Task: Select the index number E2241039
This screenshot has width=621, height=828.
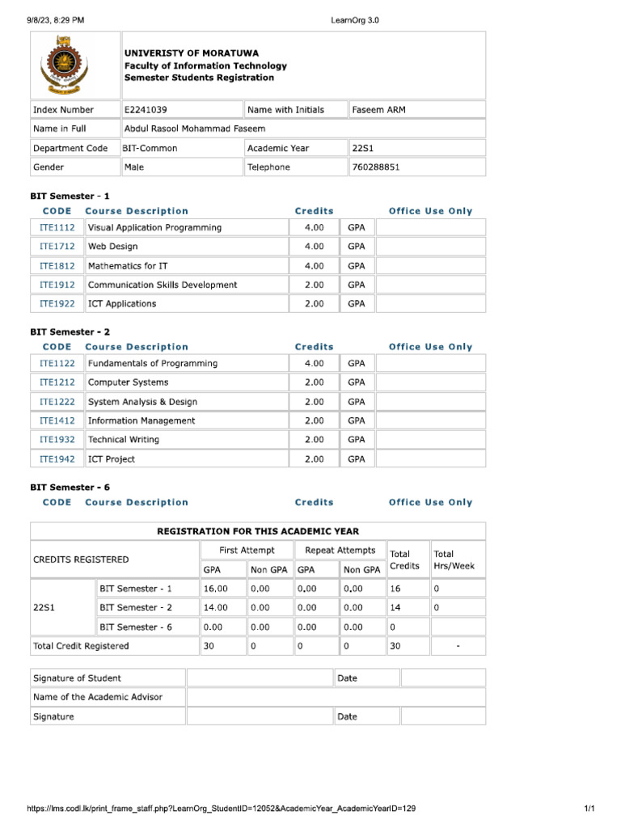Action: (146, 110)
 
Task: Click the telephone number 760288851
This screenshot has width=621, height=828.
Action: (376, 167)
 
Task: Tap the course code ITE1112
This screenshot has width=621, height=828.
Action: (57, 228)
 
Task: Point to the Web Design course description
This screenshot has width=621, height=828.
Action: (112, 247)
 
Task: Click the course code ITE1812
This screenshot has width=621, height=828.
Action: (57, 266)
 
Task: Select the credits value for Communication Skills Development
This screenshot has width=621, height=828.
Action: (314, 285)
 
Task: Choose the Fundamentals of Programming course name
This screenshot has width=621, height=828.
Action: (152, 364)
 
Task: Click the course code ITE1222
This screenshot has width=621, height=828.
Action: (57, 402)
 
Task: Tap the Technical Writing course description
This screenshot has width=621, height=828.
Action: (123, 440)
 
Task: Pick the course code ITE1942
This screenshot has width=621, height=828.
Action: (57, 459)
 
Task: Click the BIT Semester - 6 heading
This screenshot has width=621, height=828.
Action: (70, 488)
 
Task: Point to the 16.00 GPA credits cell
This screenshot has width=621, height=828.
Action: (216, 589)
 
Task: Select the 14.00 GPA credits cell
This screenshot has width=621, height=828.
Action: (216, 607)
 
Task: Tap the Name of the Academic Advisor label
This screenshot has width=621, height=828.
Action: (97, 697)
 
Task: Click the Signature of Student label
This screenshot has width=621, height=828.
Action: (77, 678)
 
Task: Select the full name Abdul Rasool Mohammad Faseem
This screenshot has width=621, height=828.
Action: (194, 129)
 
